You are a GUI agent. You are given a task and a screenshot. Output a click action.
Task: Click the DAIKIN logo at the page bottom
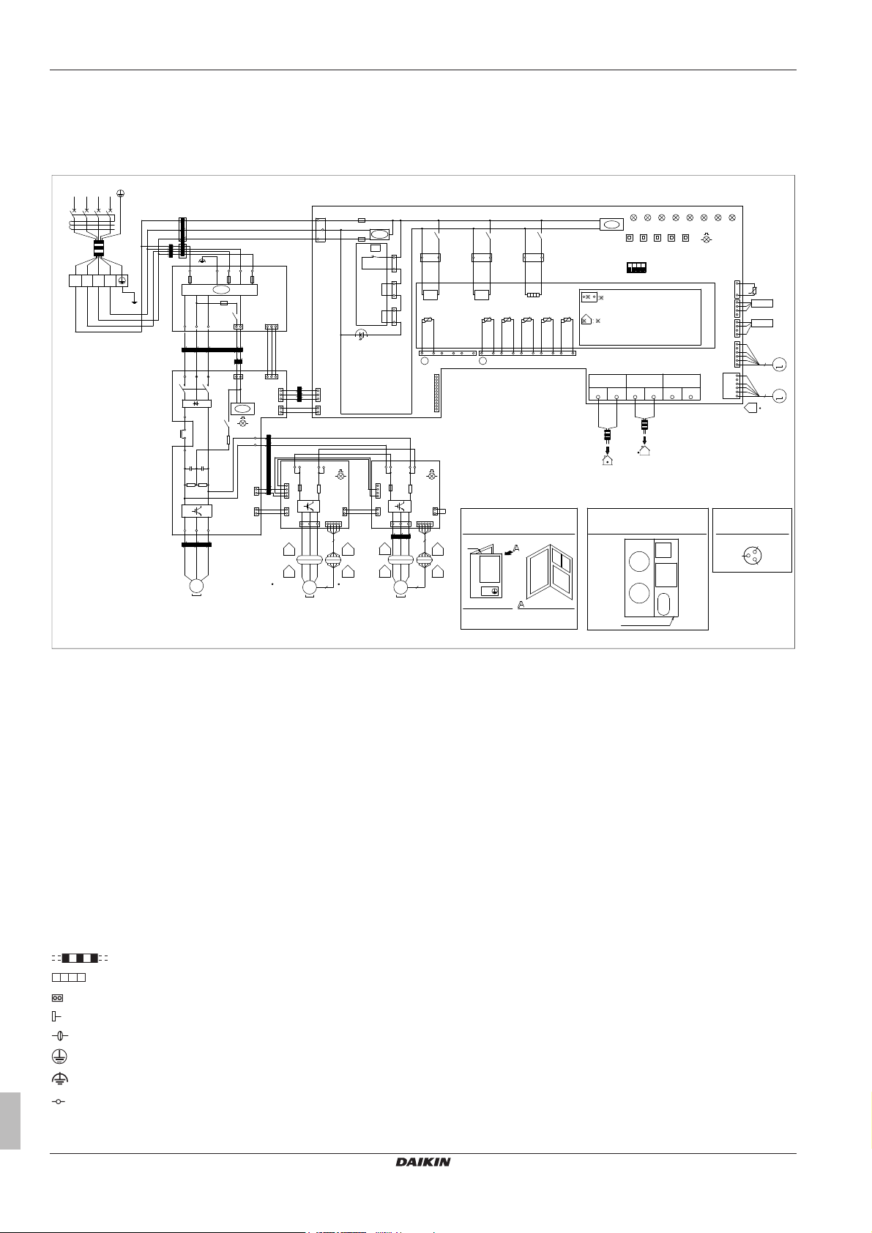click(x=423, y=1161)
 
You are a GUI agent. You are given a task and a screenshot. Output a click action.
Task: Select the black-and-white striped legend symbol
click(x=80, y=958)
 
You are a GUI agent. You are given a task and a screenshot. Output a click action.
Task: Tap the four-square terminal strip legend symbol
click(x=69, y=977)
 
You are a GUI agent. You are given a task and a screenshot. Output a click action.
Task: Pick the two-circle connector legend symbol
click(x=57, y=997)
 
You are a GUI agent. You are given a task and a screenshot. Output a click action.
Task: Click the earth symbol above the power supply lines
click(x=121, y=195)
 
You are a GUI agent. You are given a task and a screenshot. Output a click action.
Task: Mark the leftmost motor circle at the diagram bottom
click(x=195, y=586)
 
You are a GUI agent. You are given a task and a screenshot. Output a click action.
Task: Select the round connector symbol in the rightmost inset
click(x=752, y=557)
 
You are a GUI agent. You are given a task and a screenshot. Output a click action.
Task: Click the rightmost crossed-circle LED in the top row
click(x=731, y=217)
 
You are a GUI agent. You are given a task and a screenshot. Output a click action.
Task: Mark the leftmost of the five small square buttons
click(x=630, y=238)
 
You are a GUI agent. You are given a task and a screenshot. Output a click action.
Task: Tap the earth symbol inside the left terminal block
click(x=122, y=280)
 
